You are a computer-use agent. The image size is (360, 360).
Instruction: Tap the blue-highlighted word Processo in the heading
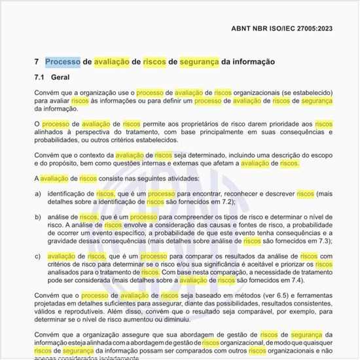[63, 62]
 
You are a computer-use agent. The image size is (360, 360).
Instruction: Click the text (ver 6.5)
[248, 296]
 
